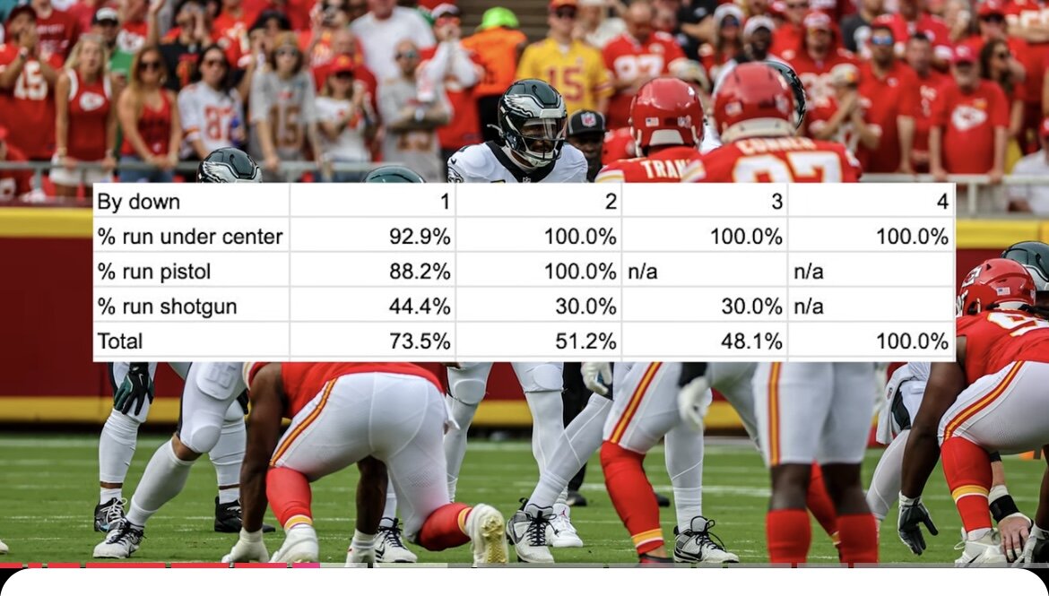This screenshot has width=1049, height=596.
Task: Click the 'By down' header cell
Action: tap(139, 202)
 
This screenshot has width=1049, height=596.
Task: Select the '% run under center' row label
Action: tap(190, 237)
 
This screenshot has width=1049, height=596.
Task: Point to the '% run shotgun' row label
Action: tap(168, 307)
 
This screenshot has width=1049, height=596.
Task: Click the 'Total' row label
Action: tap(120, 341)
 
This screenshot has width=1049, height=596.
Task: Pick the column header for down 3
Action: tap(776, 202)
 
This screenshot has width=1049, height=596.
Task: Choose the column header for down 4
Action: tap(942, 202)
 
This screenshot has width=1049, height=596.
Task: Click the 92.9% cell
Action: tap(420, 237)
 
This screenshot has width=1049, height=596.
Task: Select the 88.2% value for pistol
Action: tap(420, 272)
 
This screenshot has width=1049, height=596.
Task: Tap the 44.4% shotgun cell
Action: tap(420, 307)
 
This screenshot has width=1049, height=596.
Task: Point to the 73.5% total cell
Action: tap(420, 341)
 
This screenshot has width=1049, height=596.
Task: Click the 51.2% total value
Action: tap(585, 341)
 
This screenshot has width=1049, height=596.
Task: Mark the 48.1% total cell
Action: tap(751, 341)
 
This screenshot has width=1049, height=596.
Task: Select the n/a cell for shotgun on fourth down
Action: tap(809, 307)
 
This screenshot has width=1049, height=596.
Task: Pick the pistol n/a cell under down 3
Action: tap(642, 272)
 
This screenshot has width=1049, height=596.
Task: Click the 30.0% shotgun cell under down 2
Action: tap(585, 307)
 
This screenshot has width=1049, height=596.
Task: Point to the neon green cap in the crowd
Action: tap(499, 17)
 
